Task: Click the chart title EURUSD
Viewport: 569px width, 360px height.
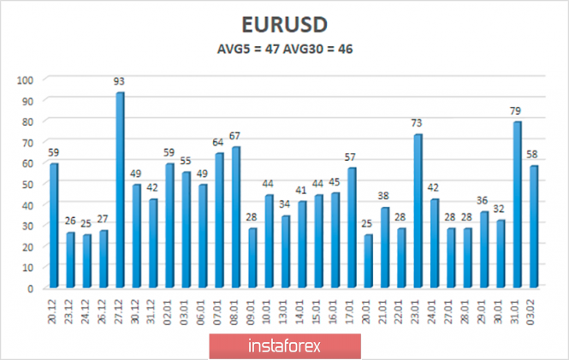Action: coord(284,22)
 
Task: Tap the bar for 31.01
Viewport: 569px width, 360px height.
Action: coord(518,205)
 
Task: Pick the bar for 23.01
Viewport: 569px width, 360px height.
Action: coord(418,211)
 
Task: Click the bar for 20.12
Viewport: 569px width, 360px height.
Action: coord(54,226)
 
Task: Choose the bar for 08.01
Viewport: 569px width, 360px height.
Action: coord(235,217)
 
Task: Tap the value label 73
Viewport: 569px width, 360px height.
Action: coord(418,124)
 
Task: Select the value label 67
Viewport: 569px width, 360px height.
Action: coord(235,137)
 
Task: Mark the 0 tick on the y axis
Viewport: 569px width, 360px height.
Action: coord(30,288)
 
